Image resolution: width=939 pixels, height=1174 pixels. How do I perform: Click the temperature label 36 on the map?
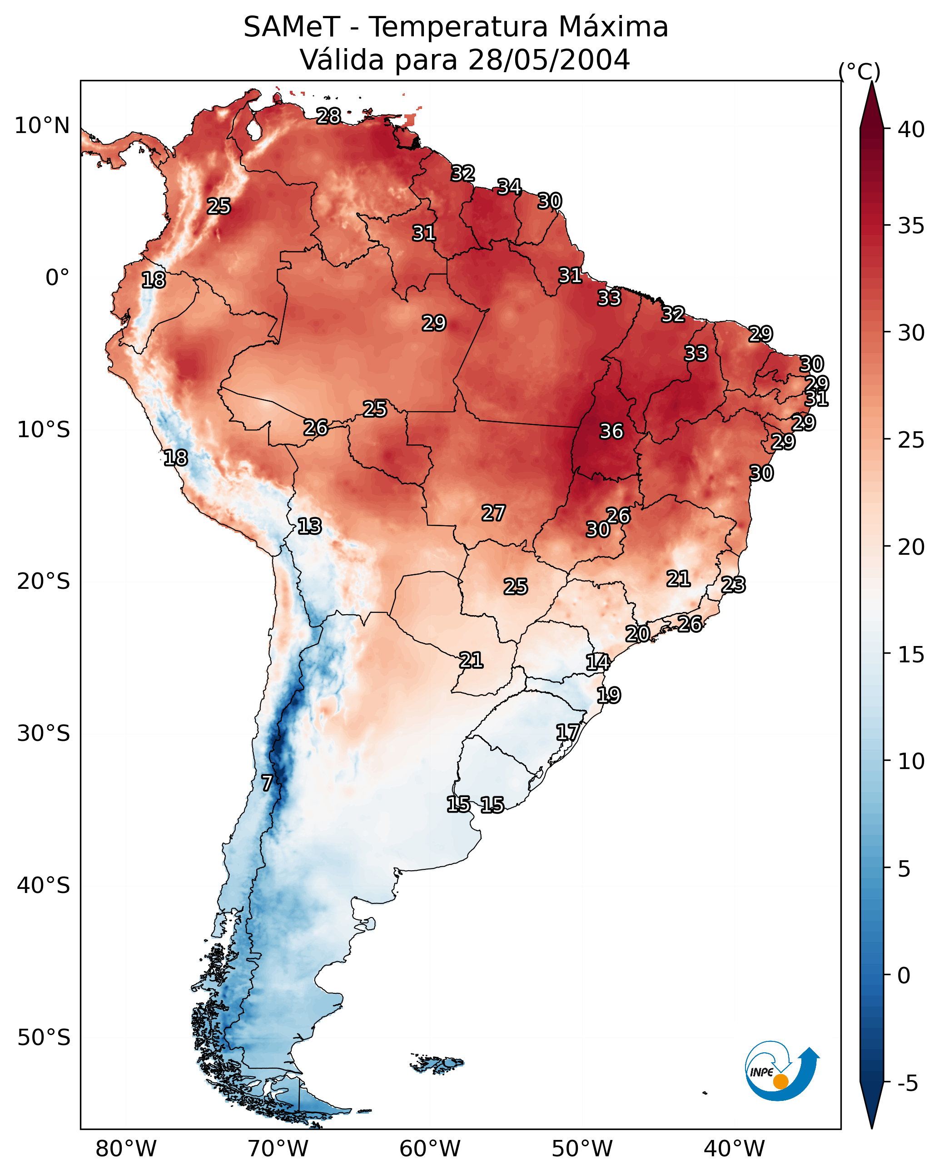(x=611, y=431)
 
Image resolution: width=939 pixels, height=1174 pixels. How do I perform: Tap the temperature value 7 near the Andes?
(x=267, y=783)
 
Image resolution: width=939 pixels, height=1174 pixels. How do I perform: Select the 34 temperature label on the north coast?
(x=509, y=187)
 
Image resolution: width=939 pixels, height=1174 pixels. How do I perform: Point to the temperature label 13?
(x=309, y=526)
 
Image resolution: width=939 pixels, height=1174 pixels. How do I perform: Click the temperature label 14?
(x=597, y=662)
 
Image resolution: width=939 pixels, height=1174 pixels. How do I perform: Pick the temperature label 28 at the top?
(x=328, y=116)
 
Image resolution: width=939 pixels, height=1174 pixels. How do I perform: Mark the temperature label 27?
(x=493, y=513)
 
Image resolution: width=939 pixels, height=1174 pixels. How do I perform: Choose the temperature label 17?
(x=567, y=732)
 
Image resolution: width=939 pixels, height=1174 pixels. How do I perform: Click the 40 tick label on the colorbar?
(x=911, y=129)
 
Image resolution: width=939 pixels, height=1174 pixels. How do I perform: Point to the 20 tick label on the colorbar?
(x=911, y=547)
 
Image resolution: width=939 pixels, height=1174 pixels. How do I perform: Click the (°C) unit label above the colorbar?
(x=859, y=71)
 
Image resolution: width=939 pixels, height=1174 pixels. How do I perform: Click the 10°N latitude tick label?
(x=42, y=126)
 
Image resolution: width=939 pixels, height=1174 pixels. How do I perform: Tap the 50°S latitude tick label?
(x=44, y=1038)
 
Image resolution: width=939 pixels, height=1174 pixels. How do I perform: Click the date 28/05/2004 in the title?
(x=548, y=60)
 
